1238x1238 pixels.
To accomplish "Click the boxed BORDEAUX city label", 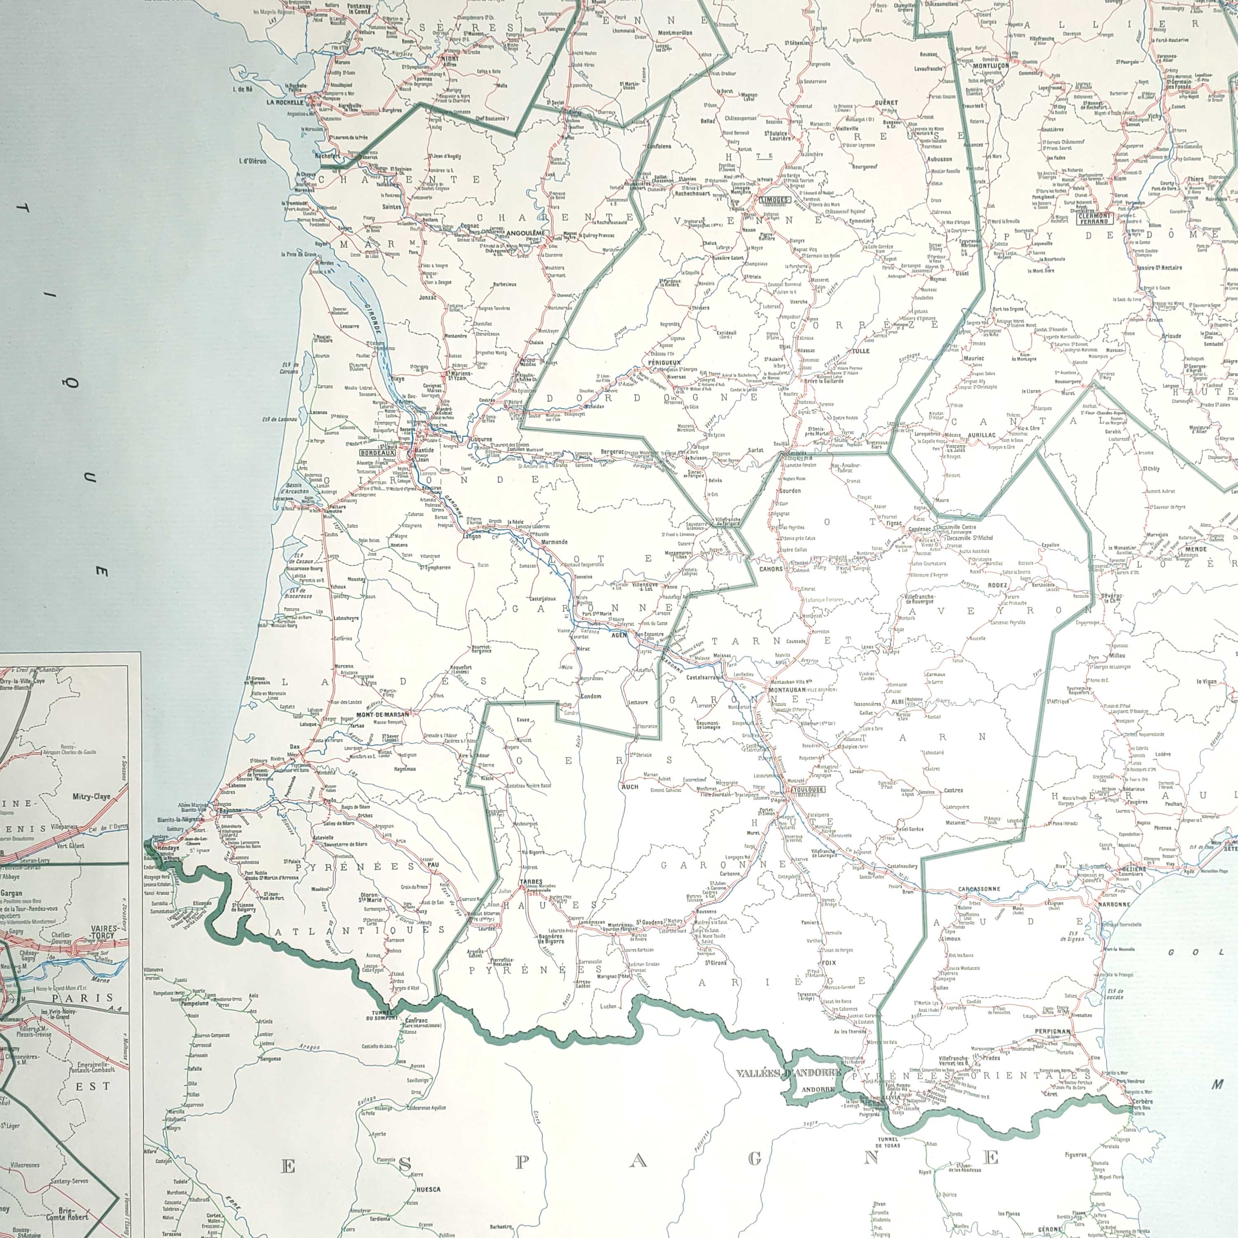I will (378, 452).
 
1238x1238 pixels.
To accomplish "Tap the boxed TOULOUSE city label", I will (808, 789).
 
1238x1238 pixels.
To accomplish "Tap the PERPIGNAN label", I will (1053, 1032).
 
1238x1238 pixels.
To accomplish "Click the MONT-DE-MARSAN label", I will (383, 714).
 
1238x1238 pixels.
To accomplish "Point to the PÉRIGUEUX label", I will (664, 345).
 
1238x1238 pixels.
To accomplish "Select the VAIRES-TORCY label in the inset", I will (104, 931).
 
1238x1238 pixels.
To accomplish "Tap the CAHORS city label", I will (771, 568).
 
